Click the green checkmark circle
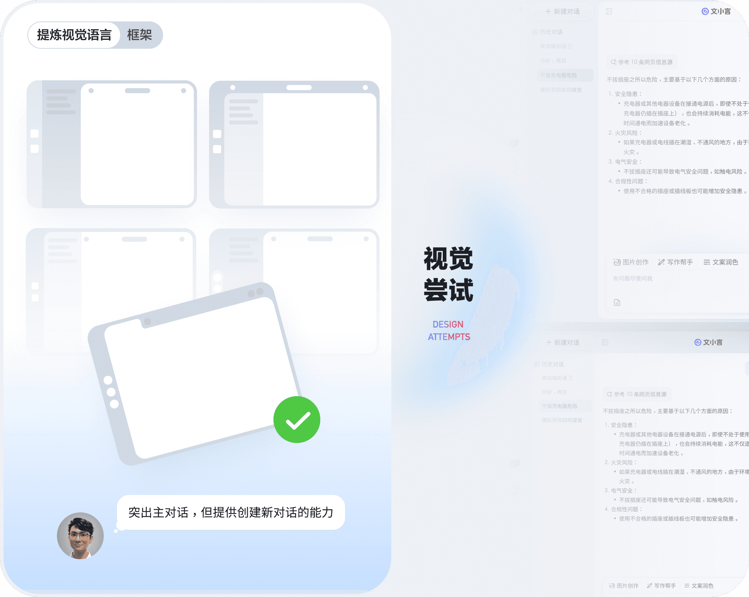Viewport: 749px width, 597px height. (297, 420)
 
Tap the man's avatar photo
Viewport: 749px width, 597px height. (80, 536)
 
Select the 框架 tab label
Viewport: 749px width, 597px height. (139, 35)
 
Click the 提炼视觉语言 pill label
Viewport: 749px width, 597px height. (74, 35)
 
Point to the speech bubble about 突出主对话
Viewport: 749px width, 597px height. (231, 512)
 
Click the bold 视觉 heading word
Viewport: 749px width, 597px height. (448, 259)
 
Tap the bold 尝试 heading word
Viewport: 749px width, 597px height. (448, 290)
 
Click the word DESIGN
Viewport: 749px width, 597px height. (448, 324)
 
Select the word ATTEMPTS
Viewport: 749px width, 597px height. (449, 337)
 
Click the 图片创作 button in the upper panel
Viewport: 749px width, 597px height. (631, 262)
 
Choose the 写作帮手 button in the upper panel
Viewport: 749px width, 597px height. (676, 262)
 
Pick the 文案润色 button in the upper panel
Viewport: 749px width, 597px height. (721, 262)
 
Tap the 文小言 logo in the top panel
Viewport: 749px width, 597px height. (716, 11)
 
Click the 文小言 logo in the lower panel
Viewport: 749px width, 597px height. (708, 342)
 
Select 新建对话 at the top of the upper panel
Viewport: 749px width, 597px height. (563, 11)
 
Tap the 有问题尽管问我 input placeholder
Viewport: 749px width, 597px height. (633, 278)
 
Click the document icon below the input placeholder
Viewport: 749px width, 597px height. (617, 303)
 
